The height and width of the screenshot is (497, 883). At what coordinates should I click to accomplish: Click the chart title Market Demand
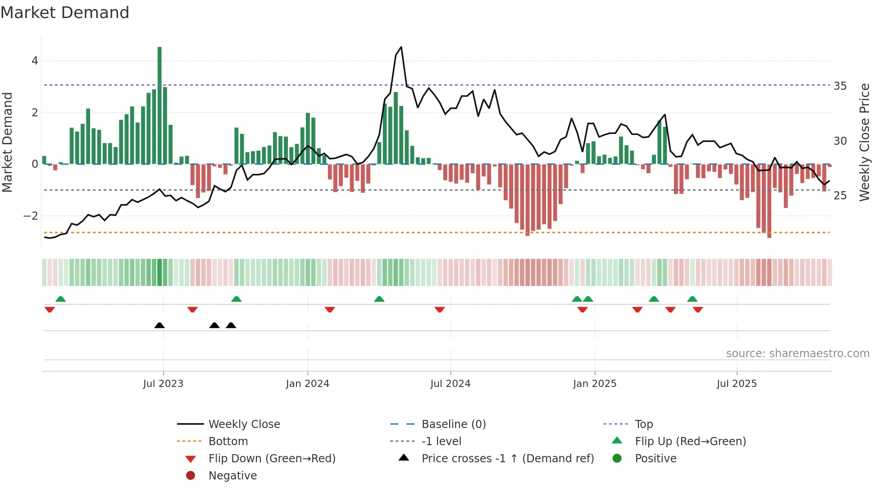(65, 13)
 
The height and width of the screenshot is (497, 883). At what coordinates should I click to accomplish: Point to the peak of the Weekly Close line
(401, 47)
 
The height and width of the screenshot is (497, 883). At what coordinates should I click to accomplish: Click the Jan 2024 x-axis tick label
(307, 384)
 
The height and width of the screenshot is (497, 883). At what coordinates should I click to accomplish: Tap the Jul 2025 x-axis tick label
(737, 384)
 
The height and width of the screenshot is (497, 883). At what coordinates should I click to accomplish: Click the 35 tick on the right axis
(840, 86)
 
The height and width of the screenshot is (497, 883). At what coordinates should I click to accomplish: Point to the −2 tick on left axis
(31, 216)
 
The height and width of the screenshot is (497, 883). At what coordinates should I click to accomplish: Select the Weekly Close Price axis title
(864, 142)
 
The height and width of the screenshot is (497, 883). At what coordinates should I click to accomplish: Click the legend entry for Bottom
(228, 441)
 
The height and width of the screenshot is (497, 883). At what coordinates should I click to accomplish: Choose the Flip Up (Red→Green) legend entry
(690, 441)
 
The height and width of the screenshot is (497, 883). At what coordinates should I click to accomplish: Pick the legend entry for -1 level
(441, 441)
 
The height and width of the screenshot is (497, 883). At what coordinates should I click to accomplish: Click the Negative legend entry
(232, 475)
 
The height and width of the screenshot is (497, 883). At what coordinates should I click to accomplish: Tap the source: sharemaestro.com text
(797, 354)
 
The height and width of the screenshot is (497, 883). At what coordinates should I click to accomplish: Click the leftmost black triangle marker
(159, 325)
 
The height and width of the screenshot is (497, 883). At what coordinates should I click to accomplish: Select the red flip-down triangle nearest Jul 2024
(440, 309)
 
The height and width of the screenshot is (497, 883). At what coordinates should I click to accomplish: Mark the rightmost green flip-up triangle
(692, 299)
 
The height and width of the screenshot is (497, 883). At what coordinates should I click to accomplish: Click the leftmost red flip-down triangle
(50, 309)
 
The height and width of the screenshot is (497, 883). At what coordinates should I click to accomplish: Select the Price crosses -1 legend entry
(507, 458)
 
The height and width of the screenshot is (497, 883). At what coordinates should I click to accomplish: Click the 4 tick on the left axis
(35, 61)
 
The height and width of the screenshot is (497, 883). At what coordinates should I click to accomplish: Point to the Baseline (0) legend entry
(453, 424)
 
